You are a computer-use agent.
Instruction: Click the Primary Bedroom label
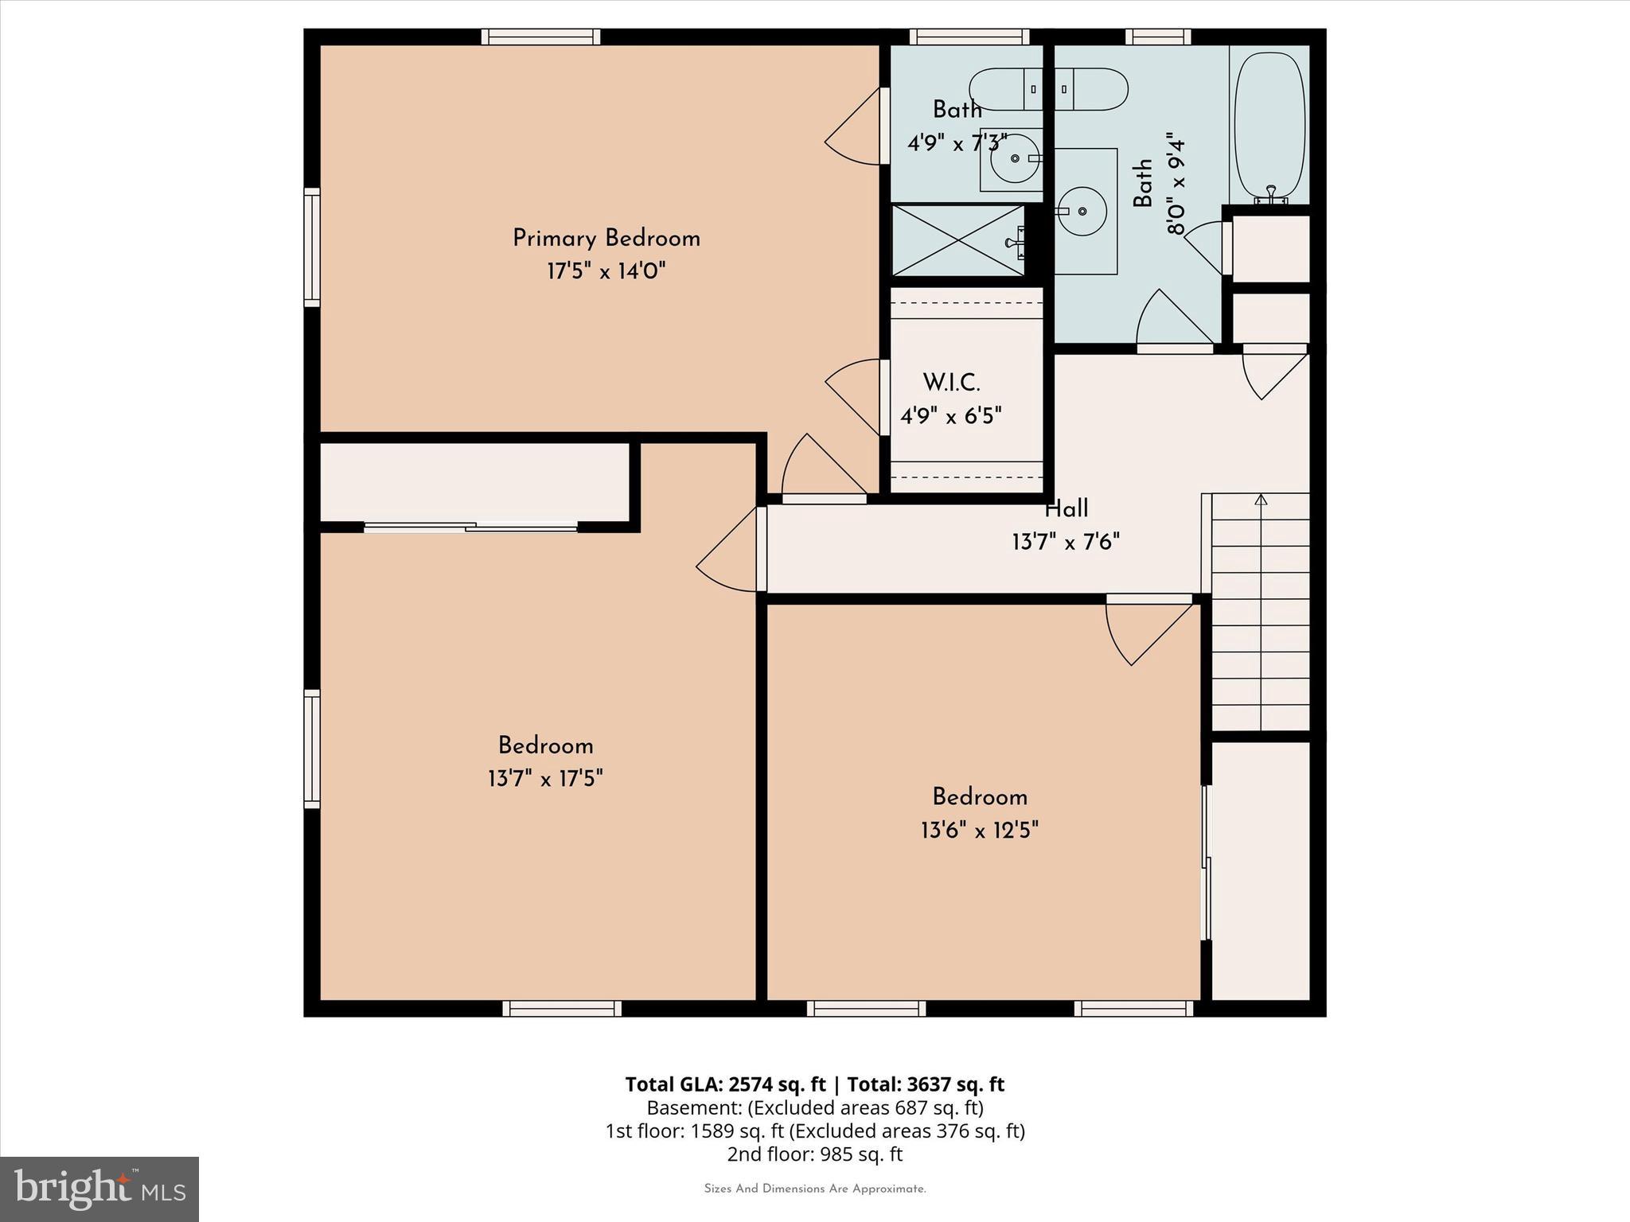click(x=606, y=239)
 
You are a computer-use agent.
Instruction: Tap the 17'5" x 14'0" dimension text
click(x=606, y=272)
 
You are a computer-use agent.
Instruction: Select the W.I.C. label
click(x=951, y=383)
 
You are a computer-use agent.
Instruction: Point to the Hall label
click(x=1067, y=508)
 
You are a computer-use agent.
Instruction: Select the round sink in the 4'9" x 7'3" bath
click(x=1014, y=158)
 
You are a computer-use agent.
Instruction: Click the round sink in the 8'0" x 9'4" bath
click(x=1082, y=211)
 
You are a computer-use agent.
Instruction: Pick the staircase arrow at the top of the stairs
click(x=1261, y=500)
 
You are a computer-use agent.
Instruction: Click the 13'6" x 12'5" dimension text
click(x=980, y=831)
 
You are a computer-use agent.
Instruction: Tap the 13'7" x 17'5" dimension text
click(x=545, y=778)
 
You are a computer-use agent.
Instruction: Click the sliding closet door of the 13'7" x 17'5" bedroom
click(x=471, y=527)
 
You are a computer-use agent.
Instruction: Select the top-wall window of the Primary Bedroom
click(x=540, y=37)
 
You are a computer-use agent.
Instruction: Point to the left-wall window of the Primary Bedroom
click(x=312, y=247)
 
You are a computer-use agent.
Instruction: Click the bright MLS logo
click(x=99, y=1189)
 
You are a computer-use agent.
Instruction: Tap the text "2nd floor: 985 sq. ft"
click(x=814, y=1154)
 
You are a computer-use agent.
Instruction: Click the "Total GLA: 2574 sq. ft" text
click(x=726, y=1084)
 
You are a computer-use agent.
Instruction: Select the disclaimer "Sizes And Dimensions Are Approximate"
click(x=814, y=1189)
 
